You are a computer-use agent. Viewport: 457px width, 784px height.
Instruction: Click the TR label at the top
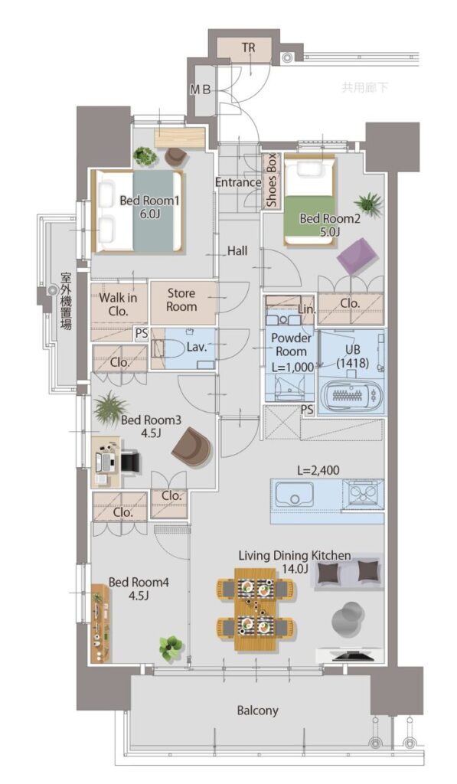249,48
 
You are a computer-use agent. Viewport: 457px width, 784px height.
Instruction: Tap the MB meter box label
201,90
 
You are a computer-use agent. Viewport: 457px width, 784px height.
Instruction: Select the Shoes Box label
271,181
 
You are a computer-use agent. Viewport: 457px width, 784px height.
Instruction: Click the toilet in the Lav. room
173,348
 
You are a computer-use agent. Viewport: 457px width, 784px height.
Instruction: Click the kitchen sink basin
294,495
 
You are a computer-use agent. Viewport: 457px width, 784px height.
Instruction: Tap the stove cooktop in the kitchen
364,492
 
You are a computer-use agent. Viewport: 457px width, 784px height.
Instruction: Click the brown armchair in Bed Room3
192,444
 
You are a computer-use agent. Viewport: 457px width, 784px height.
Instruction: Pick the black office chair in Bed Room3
129,460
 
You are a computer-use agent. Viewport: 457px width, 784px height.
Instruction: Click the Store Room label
181,300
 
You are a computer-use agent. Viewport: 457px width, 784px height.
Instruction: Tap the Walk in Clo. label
118,305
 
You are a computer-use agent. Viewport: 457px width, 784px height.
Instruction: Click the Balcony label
257,710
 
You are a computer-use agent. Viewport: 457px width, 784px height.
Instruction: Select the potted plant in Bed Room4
171,648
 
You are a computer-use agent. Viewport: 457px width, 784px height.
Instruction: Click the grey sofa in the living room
348,570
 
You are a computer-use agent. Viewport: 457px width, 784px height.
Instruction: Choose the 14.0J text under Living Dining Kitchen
294,569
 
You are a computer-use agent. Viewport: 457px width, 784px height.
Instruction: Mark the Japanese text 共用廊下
365,88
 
